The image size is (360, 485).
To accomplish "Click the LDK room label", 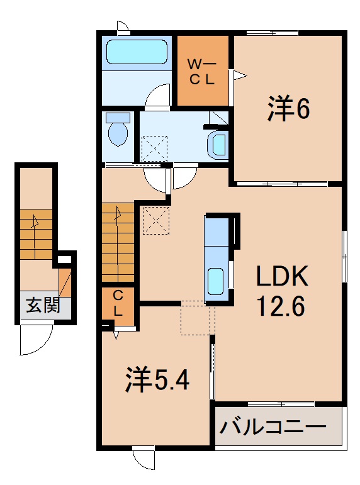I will [281, 277].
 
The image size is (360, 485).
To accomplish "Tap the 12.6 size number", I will [281, 306].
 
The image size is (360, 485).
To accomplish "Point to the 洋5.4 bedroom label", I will [157, 379].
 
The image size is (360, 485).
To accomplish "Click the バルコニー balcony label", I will [274, 428].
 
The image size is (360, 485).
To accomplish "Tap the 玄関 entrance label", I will [42, 306].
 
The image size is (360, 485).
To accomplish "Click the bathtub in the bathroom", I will [138, 52].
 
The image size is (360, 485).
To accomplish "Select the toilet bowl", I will [118, 131].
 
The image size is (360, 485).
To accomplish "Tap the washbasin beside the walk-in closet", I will [218, 143].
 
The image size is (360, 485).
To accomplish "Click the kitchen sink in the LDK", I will [216, 280].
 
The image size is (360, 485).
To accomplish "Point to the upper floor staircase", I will [118, 242].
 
